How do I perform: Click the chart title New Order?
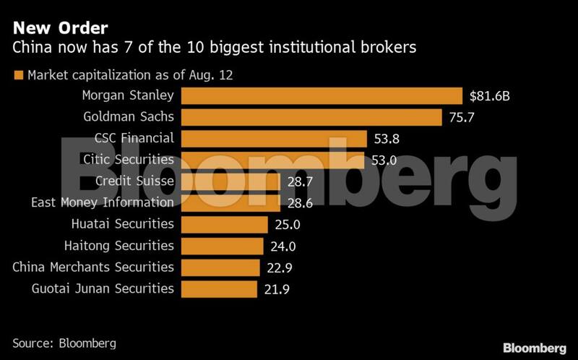tap(60, 28)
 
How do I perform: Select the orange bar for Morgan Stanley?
tap(322, 95)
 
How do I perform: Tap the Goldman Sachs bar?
tap(311, 116)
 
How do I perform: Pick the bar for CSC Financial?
tap(274, 138)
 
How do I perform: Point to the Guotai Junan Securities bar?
tap(219, 288)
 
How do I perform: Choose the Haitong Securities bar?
tap(222, 246)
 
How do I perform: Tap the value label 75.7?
tap(463, 117)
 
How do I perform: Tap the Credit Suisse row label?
tap(134, 181)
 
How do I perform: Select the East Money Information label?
tap(103, 202)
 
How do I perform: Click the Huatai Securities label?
tap(123, 224)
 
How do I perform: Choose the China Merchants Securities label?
tap(93, 267)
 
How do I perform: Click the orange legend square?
tap(18, 74)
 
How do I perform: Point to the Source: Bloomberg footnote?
tap(64, 343)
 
